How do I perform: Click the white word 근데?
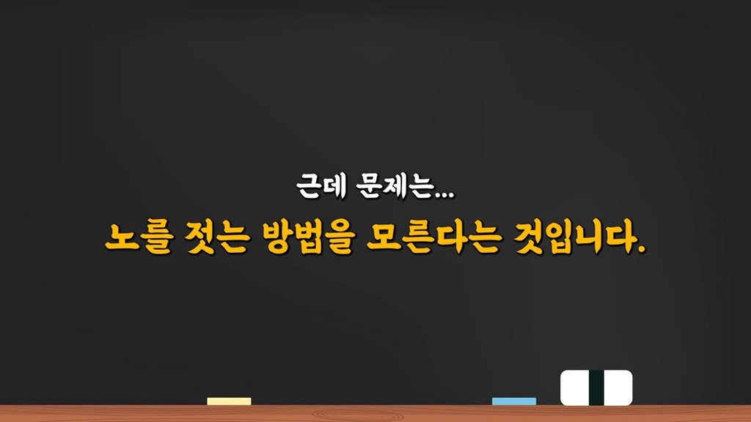coord(321,186)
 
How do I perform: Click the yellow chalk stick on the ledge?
coord(229,401)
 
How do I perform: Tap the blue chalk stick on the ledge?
coord(514,401)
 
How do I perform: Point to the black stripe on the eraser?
coord(596,388)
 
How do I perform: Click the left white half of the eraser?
coord(575,388)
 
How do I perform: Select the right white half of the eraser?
coord(618,388)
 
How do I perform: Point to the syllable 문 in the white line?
coord(370,186)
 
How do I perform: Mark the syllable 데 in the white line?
coord(334,186)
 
